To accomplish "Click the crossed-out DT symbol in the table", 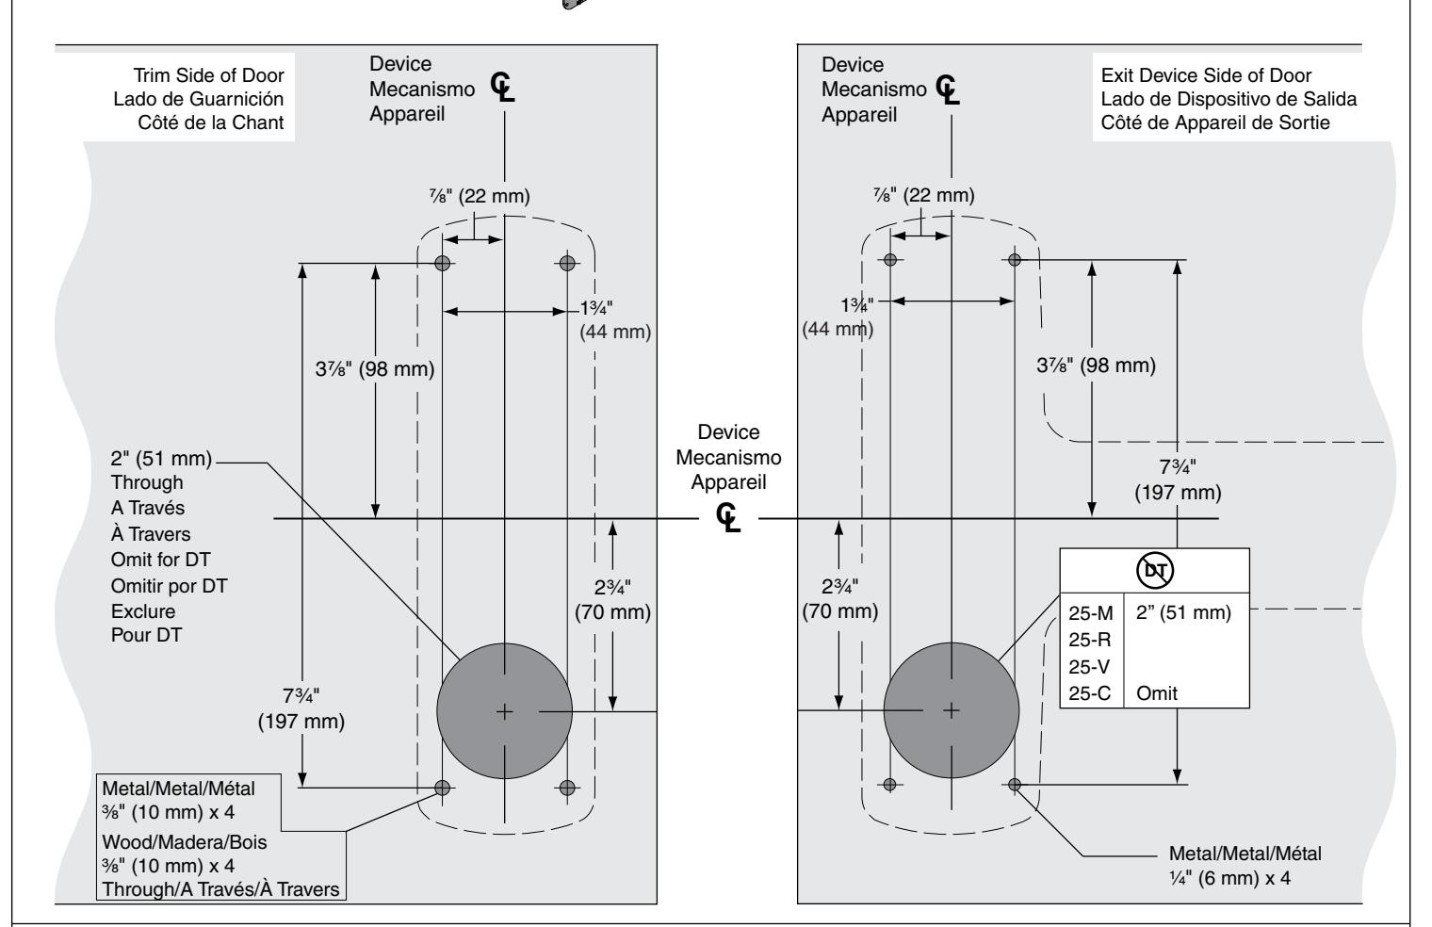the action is pyautogui.click(x=1155, y=571).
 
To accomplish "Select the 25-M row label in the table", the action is pyautogui.click(x=1091, y=613).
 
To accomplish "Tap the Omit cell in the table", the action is pyautogui.click(x=1157, y=693).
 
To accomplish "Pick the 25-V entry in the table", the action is pyautogui.click(x=1089, y=667).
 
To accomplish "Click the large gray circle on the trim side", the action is pyautogui.click(x=504, y=711).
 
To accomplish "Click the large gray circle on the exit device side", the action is pyautogui.click(x=952, y=710).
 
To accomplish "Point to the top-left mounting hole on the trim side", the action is pyautogui.click(x=443, y=263).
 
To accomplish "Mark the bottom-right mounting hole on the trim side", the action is pyautogui.click(x=567, y=788).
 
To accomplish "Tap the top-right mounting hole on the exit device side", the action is pyautogui.click(x=1015, y=260).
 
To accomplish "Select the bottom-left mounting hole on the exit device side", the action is pyautogui.click(x=890, y=785).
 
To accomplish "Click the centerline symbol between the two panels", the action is pyautogui.click(x=727, y=517).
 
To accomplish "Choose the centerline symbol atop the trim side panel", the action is pyautogui.click(x=502, y=87).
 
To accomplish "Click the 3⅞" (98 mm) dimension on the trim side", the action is pyautogui.click(x=375, y=369).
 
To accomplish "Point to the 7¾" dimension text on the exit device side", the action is pyautogui.click(x=1178, y=467).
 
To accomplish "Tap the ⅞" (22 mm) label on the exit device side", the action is pyautogui.click(x=924, y=195).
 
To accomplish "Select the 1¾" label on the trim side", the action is pyautogui.click(x=595, y=308).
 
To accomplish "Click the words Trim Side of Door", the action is pyautogui.click(x=208, y=75).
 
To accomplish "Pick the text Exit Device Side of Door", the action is pyautogui.click(x=1206, y=75).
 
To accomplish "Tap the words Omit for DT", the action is pyautogui.click(x=160, y=560).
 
